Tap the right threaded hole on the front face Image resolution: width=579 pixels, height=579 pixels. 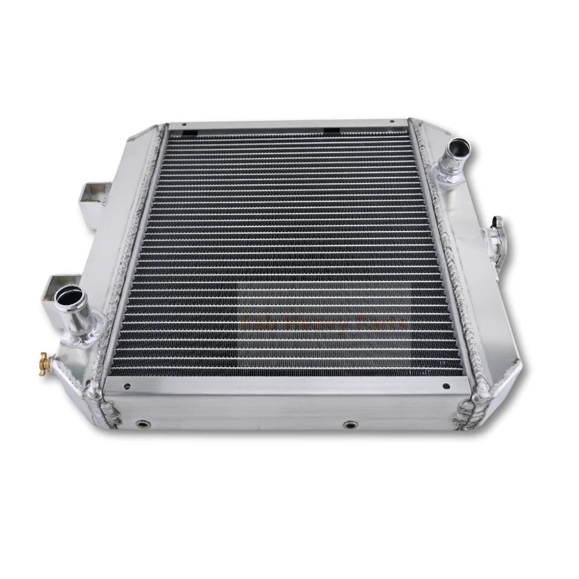(x=349, y=425)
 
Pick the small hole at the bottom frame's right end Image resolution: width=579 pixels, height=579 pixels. (x=445, y=386)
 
